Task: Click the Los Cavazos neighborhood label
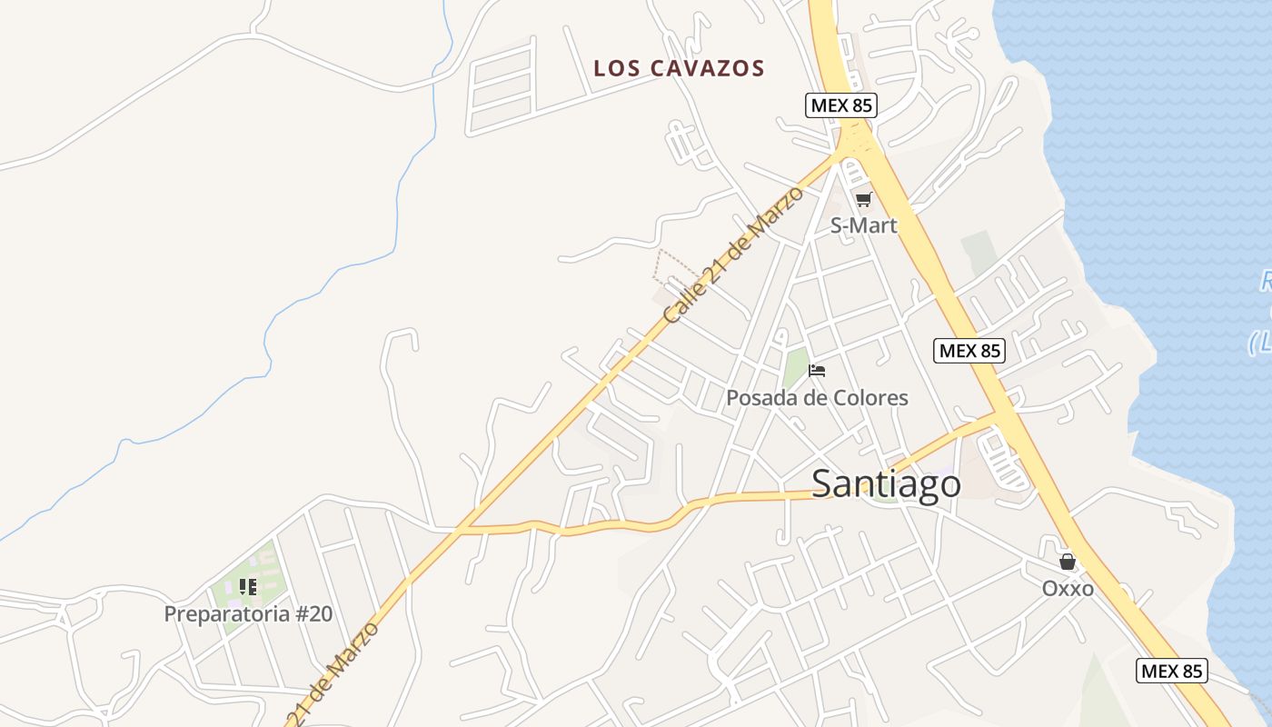[x=679, y=68]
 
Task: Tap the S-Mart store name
[x=863, y=225]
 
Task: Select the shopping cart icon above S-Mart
[x=863, y=199]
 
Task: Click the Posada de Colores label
[x=817, y=398]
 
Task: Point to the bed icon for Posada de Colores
[x=817, y=371]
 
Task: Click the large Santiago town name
[x=886, y=483]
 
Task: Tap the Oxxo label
[x=1068, y=589]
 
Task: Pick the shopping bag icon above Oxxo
[x=1068, y=563]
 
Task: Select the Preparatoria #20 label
[x=248, y=614]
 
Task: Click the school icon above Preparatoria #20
[x=248, y=587]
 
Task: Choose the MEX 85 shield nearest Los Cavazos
[x=841, y=105]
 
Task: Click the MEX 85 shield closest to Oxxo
[x=1172, y=672]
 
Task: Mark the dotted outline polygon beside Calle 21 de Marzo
[x=674, y=265]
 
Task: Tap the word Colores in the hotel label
[x=872, y=398]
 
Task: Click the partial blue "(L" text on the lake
[x=1261, y=344]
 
